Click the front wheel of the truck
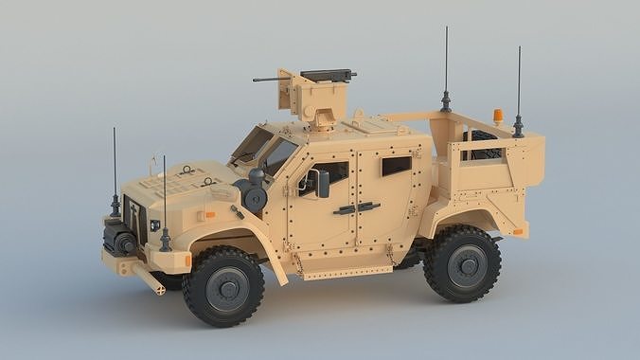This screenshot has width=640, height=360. coord(223,286)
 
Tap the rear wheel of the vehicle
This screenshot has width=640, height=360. coord(463,262)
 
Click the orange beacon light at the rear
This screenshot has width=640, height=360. coord(498,117)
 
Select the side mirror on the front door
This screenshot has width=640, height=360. coord(322,183)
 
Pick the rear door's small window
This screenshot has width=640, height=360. coord(396,165)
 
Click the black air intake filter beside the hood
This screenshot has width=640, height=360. coord(254,196)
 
